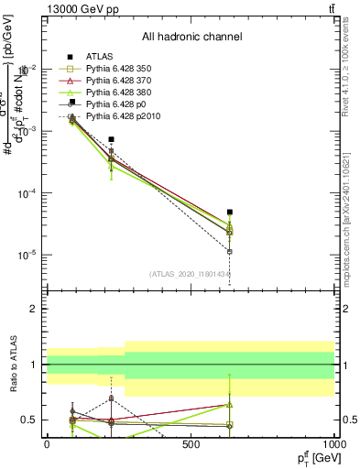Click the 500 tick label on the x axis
(x=191, y=443)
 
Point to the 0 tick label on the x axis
(x=47, y=443)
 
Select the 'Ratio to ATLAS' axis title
(x=13, y=365)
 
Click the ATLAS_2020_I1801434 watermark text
(x=190, y=274)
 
